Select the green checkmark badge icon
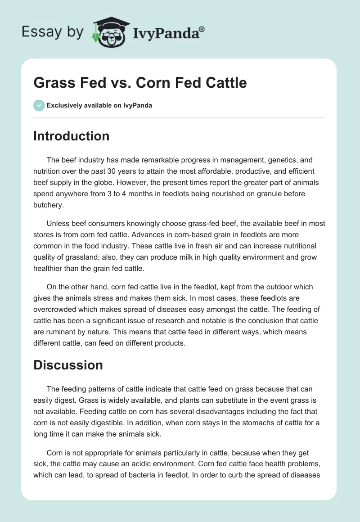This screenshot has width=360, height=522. click(x=39, y=105)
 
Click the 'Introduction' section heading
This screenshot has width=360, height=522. click(x=71, y=136)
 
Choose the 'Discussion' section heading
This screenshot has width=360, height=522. click(x=68, y=365)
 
